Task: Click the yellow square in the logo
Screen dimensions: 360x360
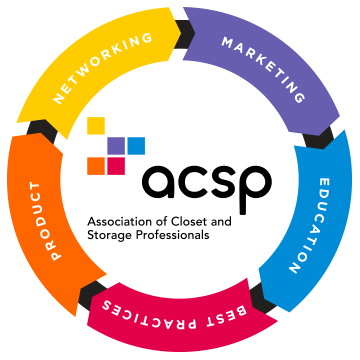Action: [96, 126]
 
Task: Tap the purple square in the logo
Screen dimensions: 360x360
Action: [116, 146]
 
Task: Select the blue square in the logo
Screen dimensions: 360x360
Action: [136, 146]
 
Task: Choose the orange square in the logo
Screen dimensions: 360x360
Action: [96, 166]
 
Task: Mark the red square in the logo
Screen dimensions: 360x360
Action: [116, 166]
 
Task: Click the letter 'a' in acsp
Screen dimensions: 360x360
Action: [159, 183]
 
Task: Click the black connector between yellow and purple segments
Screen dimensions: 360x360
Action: [184, 32]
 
